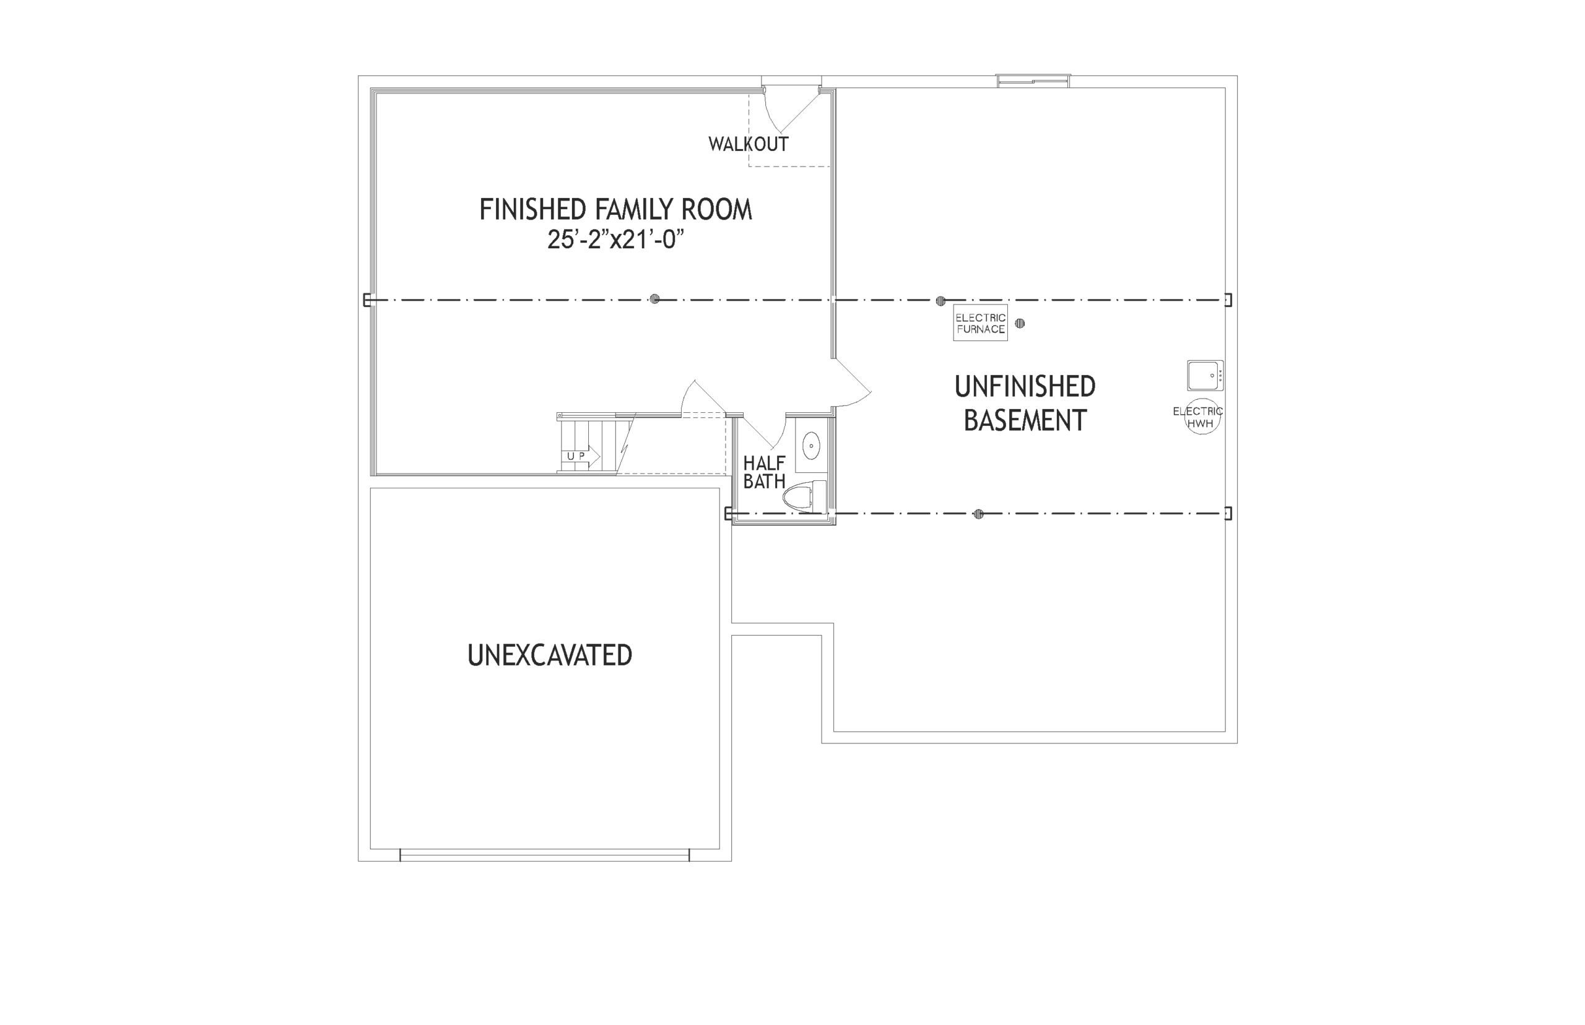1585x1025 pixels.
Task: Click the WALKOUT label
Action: (749, 144)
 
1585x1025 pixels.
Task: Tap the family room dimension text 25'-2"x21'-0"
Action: (616, 239)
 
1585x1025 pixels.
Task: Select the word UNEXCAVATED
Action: (550, 655)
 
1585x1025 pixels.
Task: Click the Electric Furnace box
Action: (980, 323)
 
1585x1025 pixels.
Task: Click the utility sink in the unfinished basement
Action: (1205, 375)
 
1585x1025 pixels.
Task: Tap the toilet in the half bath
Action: (804, 496)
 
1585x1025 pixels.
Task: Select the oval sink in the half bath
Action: (811, 445)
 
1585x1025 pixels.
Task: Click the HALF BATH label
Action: (764, 472)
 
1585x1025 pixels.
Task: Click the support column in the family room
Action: (654, 299)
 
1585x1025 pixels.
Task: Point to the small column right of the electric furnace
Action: (1019, 324)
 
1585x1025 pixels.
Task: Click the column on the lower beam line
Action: (978, 514)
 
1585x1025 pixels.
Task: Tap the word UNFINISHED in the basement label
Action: (1025, 387)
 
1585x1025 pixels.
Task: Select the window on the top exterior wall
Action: (1033, 81)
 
